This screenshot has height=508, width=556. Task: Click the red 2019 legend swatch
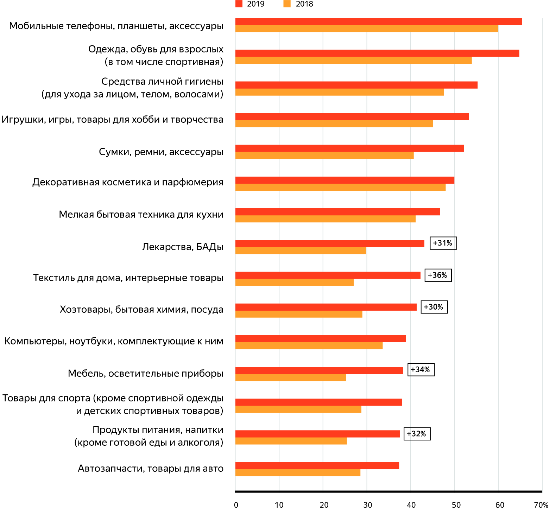click(x=239, y=4)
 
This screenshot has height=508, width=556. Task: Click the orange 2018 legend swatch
click(x=287, y=4)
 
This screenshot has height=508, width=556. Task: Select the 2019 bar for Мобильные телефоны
click(x=378, y=21)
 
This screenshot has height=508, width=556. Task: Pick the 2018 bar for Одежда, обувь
click(x=353, y=61)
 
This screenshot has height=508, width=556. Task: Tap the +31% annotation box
click(x=443, y=243)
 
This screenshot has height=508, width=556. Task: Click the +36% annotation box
click(x=438, y=275)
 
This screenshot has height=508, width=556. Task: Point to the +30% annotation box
click(x=434, y=307)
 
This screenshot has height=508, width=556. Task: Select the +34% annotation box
click(x=421, y=370)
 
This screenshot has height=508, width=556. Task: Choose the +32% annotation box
click(x=417, y=434)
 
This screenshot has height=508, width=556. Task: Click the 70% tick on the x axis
click(x=541, y=505)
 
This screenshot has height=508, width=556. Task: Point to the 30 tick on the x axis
click(x=367, y=505)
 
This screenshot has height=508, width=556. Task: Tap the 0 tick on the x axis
click(x=236, y=505)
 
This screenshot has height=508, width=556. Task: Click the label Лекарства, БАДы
click(x=183, y=247)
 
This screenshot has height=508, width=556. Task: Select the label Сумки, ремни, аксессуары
click(x=161, y=152)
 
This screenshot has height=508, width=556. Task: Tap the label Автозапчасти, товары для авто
click(x=150, y=469)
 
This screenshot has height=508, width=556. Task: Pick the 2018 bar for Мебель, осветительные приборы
click(x=290, y=377)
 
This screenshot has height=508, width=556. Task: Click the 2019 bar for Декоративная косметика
click(x=345, y=180)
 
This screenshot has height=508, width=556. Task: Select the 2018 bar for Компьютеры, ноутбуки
click(x=309, y=346)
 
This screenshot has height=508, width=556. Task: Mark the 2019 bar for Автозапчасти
click(x=317, y=465)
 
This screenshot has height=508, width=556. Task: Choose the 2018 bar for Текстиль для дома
click(x=294, y=282)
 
